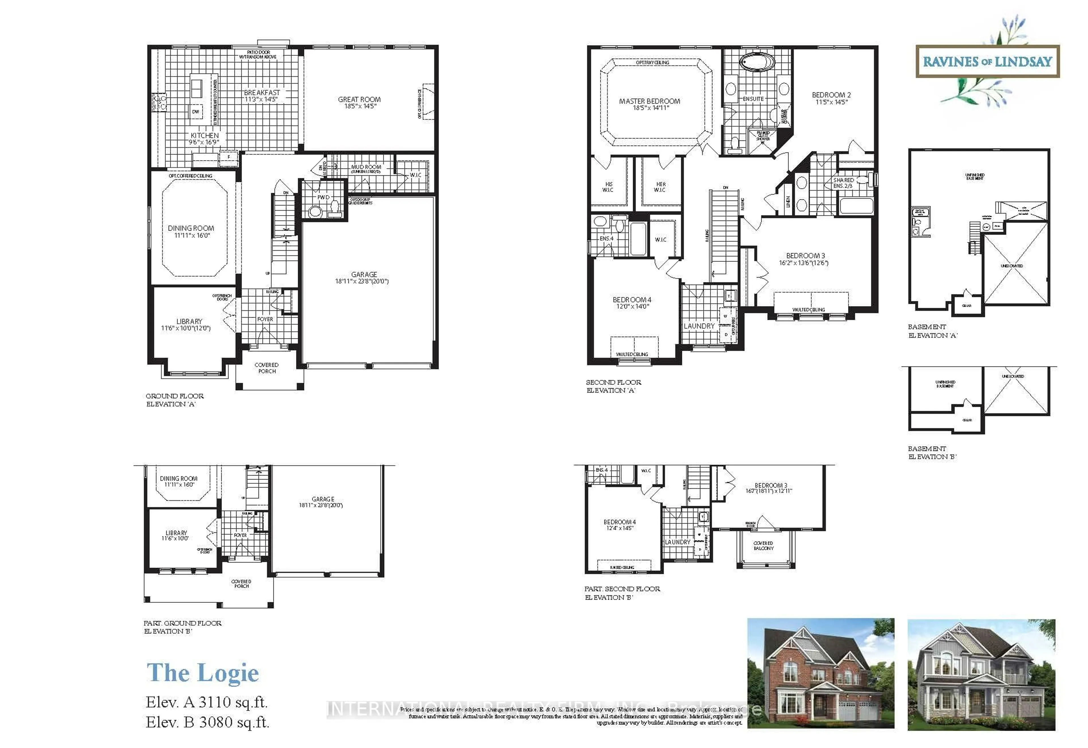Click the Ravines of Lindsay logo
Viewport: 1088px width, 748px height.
(x=987, y=61)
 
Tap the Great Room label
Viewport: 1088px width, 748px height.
(x=359, y=103)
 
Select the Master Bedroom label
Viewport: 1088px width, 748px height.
(x=649, y=104)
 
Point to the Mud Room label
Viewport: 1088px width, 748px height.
(x=366, y=168)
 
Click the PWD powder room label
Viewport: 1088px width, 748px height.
(x=323, y=197)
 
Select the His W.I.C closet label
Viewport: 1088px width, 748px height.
(x=608, y=187)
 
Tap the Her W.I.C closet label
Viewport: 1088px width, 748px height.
(x=660, y=187)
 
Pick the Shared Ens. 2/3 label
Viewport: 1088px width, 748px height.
(x=843, y=183)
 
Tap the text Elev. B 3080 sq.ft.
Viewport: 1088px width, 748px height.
(x=207, y=722)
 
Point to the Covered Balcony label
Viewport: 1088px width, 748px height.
(x=764, y=546)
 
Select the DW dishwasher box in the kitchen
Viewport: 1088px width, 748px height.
(x=195, y=112)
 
